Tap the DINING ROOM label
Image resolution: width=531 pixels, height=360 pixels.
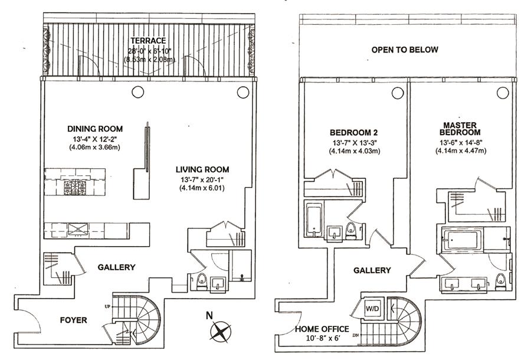tap(94, 129)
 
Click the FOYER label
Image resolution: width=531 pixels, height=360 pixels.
tap(74, 320)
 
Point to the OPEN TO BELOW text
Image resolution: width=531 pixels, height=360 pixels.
tap(404, 50)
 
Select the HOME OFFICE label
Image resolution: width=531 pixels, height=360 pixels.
tap(322, 329)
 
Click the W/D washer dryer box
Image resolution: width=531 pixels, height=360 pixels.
tap(372, 308)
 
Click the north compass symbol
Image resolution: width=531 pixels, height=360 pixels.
tap(222, 331)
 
